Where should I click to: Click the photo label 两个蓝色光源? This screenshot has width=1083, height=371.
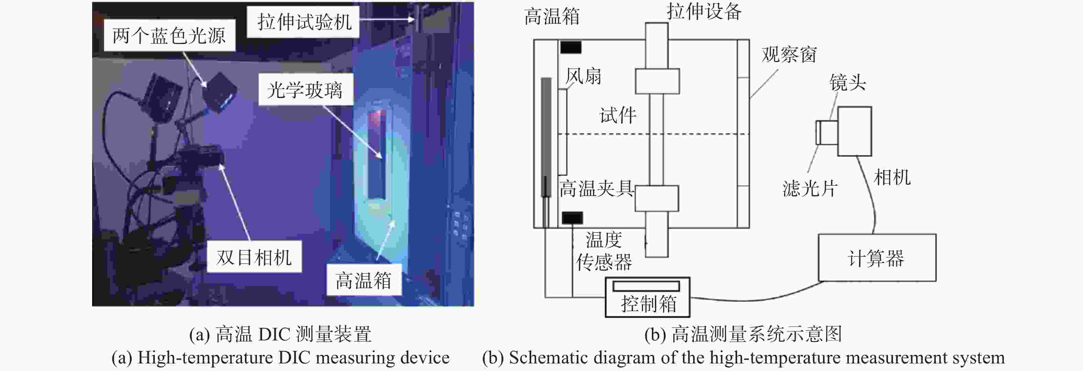point(169,35)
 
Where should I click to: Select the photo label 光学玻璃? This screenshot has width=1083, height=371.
point(305,90)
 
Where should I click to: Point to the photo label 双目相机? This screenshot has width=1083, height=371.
point(254,257)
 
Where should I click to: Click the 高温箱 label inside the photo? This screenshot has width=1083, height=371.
point(363,280)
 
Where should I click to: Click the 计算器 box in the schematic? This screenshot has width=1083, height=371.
point(877,258)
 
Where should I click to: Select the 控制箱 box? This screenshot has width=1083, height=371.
point(647,297)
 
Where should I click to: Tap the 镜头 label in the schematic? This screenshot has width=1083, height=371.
point(847,83)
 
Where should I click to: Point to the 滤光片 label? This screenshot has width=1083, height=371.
point(810,188)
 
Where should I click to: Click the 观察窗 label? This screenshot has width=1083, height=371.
point(789,55)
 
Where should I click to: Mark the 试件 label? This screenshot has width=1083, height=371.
point(617,115)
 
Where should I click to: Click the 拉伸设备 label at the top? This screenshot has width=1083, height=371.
point(704,11)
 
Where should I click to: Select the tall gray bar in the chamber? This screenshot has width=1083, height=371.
point(546,137)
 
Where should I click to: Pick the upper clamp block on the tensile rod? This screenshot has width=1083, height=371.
point(657,81)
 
